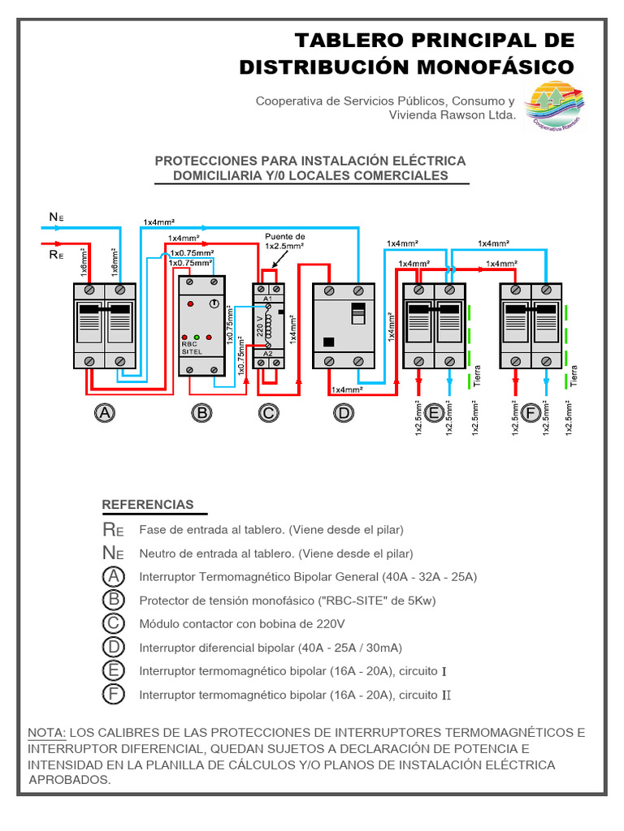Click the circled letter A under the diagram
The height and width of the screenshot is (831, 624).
(104, 414)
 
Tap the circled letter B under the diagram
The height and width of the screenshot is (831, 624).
(201, 414)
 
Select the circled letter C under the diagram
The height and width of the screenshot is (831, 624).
(268, 414)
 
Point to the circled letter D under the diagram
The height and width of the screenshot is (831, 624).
(344, 414)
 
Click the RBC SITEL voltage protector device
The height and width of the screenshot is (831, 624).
(201, 325)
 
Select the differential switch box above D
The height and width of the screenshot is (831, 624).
(344, 325)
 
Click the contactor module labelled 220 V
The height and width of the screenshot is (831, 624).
(268, 325)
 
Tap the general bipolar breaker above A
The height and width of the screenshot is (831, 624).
(104, 325)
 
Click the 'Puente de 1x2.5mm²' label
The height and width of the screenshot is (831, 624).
(284, 241)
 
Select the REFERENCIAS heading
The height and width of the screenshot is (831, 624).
(148, 505)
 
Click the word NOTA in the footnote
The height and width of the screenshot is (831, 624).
(46, 732)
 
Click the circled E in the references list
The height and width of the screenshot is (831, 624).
(115, 670)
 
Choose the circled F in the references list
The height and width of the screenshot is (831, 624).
(115, 695)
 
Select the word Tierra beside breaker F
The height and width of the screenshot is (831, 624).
(574, 375)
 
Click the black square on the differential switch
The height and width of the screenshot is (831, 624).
(329, 341)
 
